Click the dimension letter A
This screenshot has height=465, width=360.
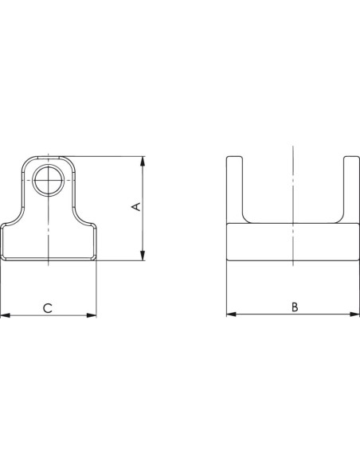136,206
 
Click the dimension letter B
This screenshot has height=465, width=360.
295,307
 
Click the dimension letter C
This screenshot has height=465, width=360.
48,308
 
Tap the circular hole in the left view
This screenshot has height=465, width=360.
48,180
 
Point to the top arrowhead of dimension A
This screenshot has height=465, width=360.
143,161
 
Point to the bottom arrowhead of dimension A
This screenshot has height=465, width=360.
143,256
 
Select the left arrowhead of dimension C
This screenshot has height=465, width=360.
6,315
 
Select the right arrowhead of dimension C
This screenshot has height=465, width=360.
92,315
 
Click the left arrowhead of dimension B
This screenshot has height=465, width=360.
232,314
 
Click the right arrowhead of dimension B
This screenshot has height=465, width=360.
354,314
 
